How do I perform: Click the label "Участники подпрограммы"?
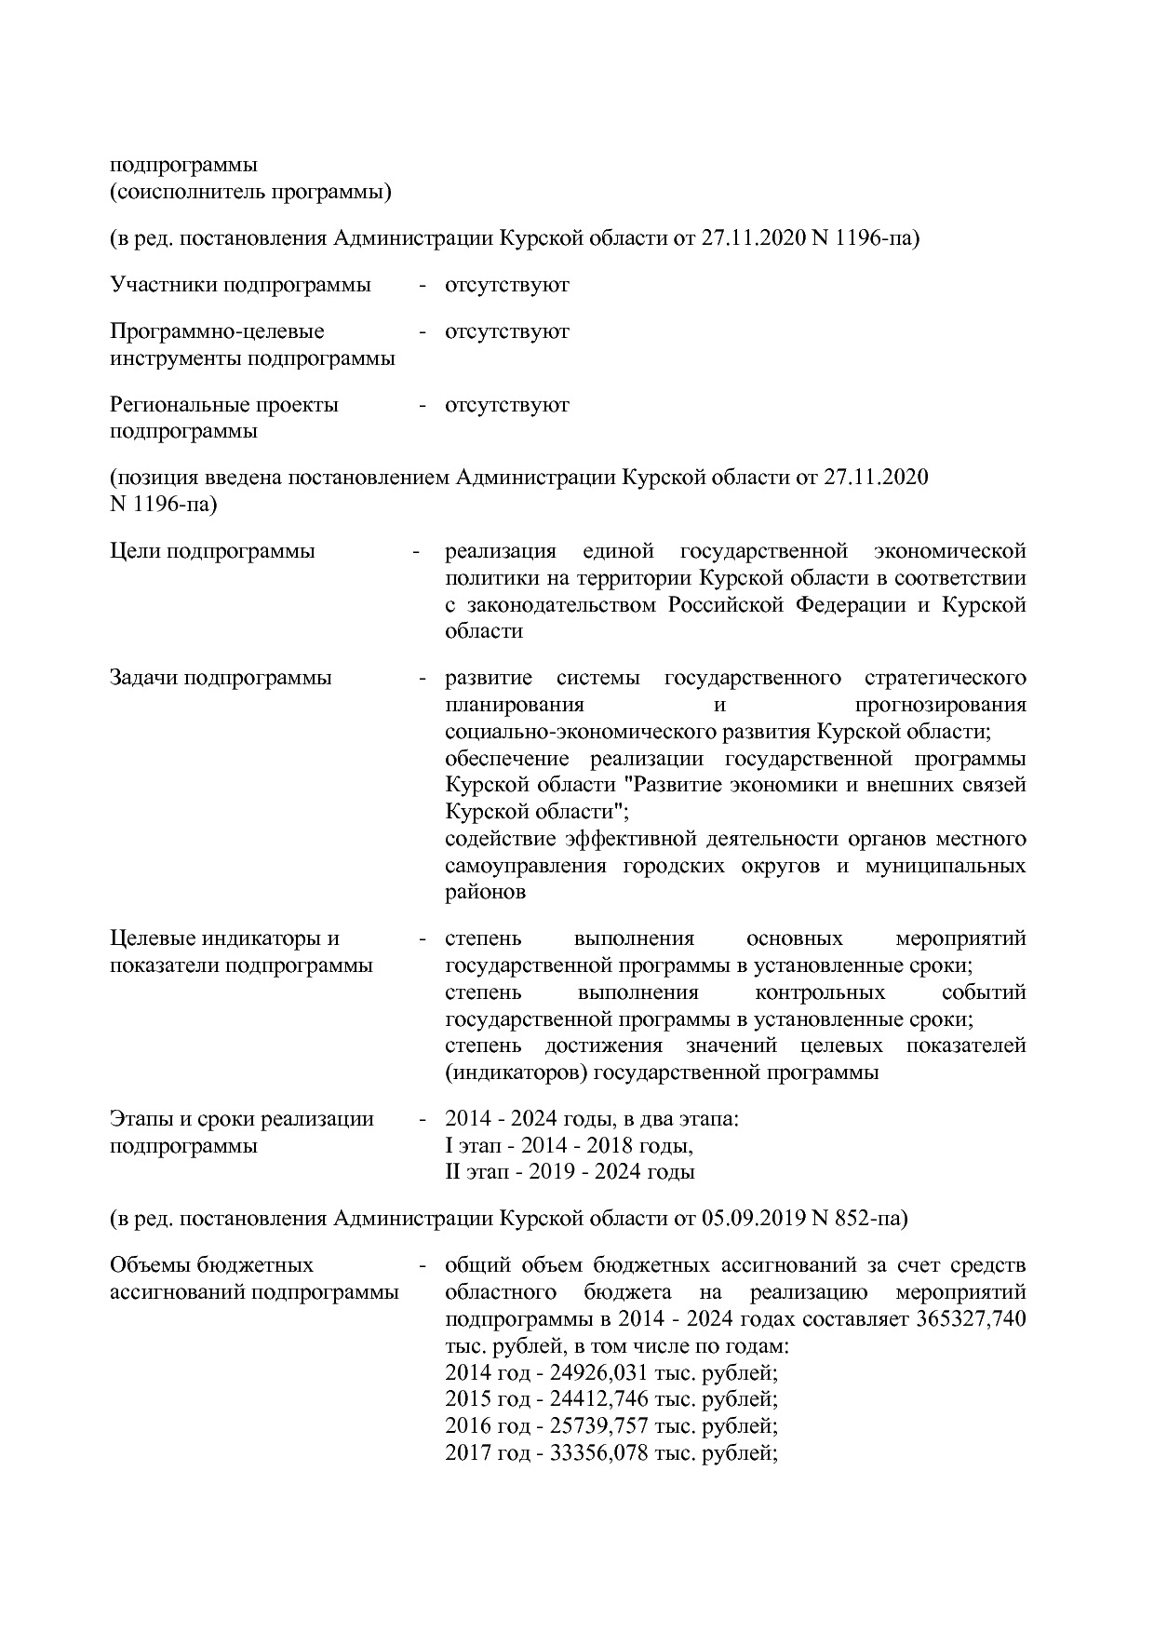[x=240, y=285]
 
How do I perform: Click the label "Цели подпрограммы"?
[x=212, y=551]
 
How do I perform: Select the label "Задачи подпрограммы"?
[x=221, y=678]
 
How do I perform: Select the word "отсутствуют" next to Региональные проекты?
[x=507, y=405]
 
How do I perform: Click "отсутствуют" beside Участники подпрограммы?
[x=507, y=285]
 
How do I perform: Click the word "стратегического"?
[x=946, y=678]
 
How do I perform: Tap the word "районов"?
[x=485, y=892]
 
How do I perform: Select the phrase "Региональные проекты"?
[x=224, y=405]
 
